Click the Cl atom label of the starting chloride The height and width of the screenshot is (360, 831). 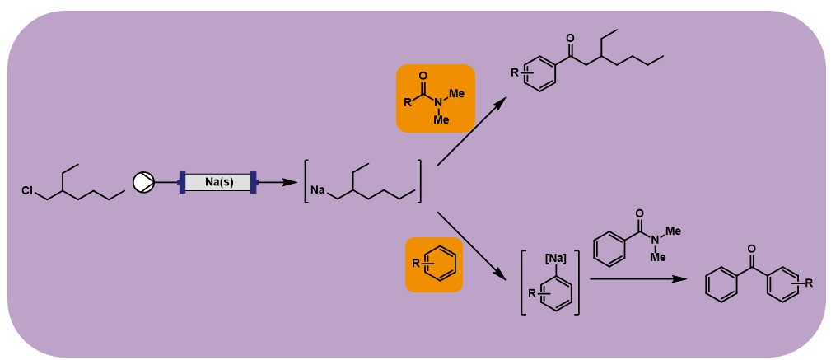coord(28,191)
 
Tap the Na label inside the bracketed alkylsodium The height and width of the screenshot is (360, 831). coord(318,191)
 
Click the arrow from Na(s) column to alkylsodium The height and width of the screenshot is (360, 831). coord(277,182)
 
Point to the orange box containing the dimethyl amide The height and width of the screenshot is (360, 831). coord(435,98)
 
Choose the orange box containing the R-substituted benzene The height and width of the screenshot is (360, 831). coord(434,264)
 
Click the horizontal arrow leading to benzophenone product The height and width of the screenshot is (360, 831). coord(637,280)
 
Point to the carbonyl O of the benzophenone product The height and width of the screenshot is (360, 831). coord(749,246)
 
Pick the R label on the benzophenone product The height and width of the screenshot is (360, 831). coord(810,283)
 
